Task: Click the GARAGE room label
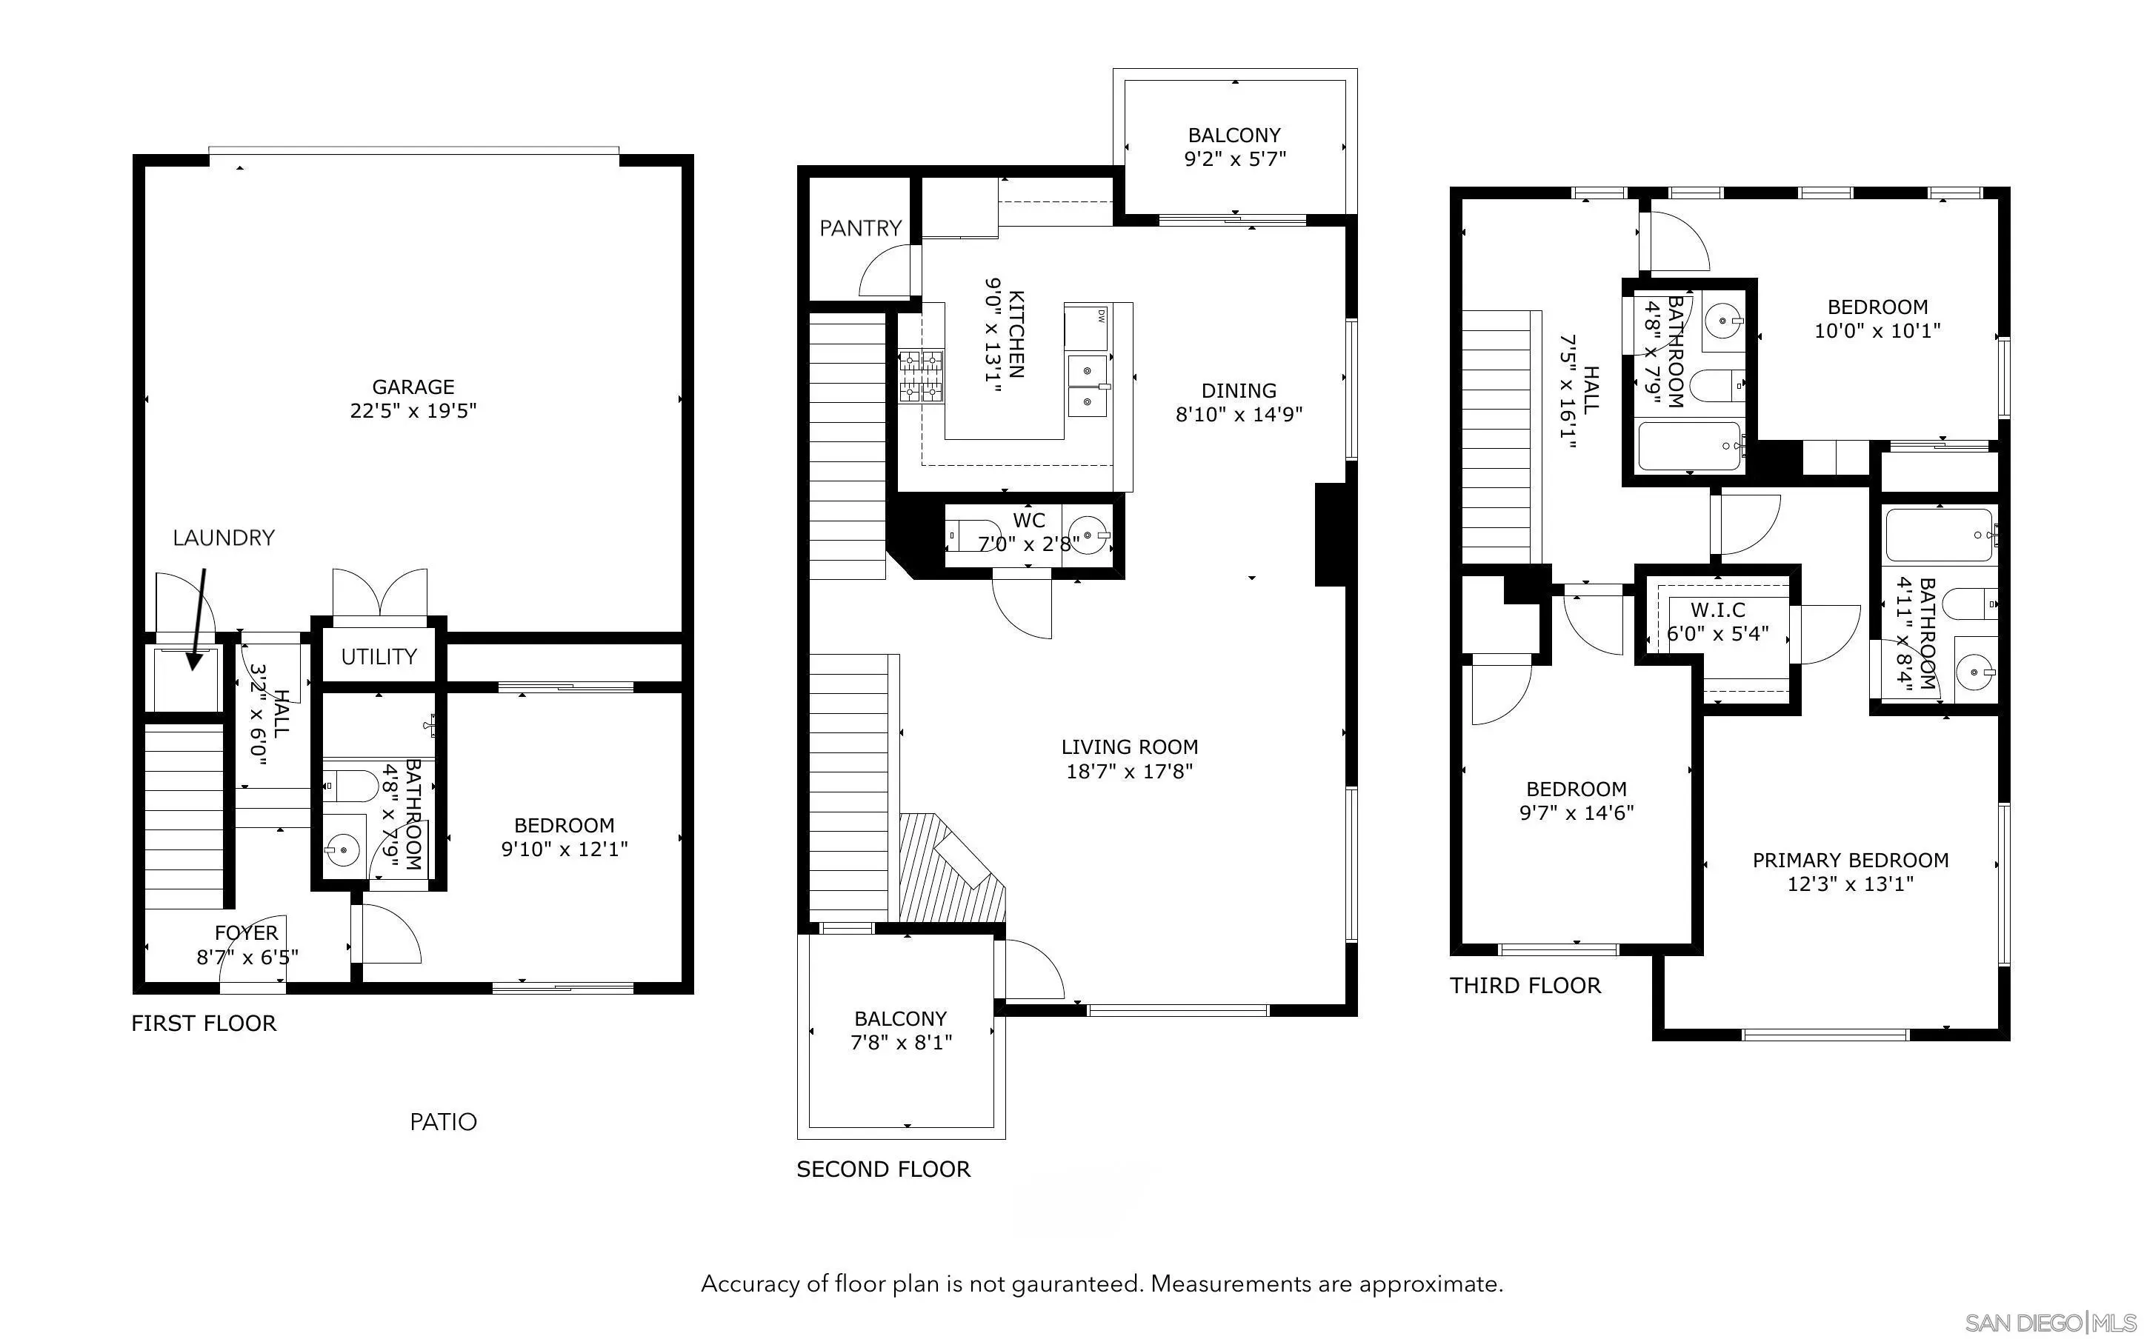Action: point(413,387)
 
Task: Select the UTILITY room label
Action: point(379,657)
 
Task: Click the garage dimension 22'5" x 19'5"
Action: point(413,411)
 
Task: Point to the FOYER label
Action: point(246,932)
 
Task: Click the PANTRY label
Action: point(860,229)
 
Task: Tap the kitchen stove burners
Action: point(921,376)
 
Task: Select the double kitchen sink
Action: point(1088,385)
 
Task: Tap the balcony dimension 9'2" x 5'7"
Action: point(1234,159)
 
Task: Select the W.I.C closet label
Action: point(1717,610)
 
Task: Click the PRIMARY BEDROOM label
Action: point(1850,860)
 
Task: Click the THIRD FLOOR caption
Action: point(1525,986)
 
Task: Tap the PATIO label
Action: point(443,1122)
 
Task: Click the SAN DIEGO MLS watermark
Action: point(2049,1323)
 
